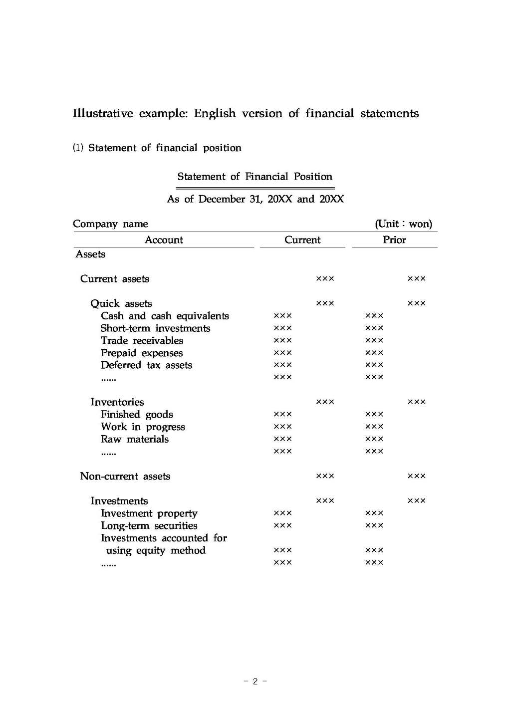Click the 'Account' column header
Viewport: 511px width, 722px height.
coord(164,240)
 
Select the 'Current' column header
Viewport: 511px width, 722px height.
coord(302,240)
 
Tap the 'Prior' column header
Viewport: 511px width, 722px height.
coord(394,240)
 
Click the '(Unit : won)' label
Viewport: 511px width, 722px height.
coord(403,224)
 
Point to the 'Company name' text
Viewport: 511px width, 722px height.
coord(110,224)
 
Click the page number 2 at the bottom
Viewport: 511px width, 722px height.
coord(255,682)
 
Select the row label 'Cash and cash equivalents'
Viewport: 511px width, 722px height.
coord(165,316)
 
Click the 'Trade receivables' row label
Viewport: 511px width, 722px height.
coord(142,341)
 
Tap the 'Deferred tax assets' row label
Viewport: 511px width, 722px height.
coord(146,365)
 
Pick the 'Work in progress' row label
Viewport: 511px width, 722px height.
coord(143,427)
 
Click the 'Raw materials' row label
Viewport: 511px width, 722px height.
coord(135,440)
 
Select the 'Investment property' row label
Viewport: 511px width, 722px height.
coord(149,513)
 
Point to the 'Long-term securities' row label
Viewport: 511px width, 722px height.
coord(149,526)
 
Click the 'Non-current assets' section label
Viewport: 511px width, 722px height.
coord(125,477)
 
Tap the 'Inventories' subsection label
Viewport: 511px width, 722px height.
coord(117,402)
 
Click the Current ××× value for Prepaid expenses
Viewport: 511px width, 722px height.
coord(283,353)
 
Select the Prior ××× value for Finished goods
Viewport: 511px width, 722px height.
coord(374,415)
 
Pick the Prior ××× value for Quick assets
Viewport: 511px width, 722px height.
coord(417,303)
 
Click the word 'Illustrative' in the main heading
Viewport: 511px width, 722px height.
coord(103,114)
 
